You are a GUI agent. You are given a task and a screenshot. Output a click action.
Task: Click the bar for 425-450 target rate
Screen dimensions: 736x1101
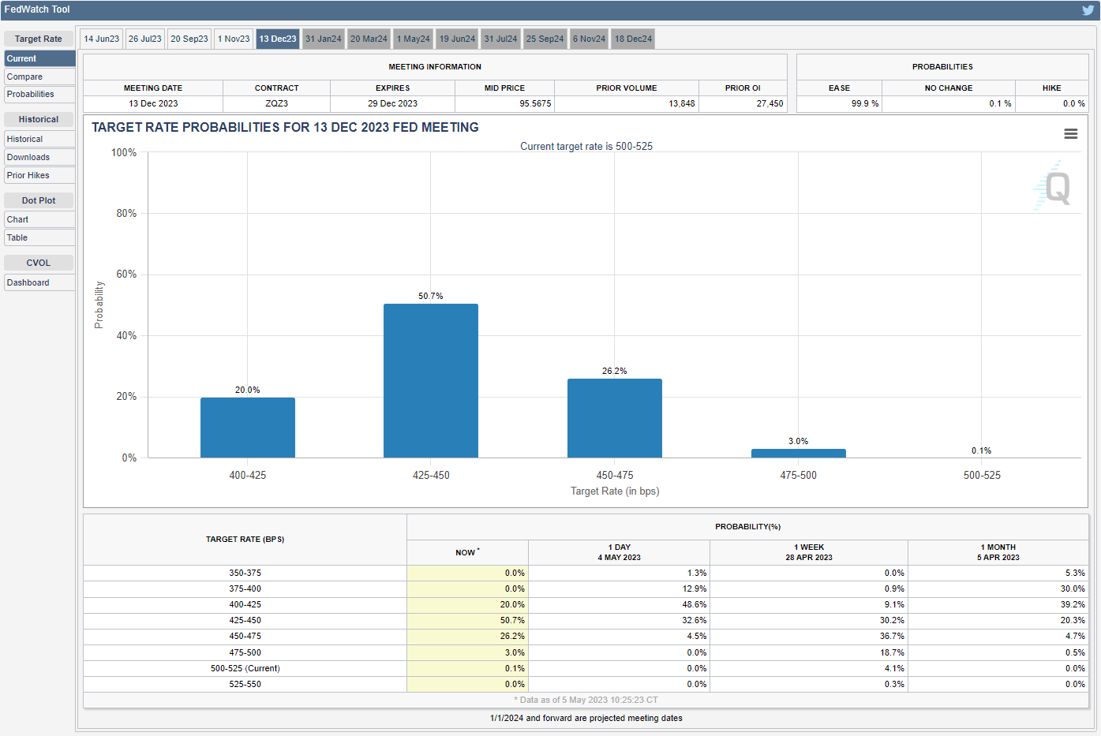tap(431, 380)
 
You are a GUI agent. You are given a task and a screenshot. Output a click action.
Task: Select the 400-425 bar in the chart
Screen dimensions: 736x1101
tap(247, 428)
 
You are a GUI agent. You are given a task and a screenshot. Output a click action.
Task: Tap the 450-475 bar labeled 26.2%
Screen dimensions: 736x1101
tap(614, 418)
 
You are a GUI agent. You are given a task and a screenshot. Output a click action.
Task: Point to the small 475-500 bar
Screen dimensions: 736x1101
tap(798, 454)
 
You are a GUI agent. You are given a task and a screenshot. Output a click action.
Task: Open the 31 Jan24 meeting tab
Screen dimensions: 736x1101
tap(324, 39)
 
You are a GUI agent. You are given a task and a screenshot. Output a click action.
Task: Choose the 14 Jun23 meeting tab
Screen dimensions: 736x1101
tap(102, 39)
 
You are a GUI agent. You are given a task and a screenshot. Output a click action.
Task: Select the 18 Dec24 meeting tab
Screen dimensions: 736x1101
tap(633, 39)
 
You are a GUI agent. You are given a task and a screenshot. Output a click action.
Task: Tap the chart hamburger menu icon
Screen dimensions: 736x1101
tap(1070, 134)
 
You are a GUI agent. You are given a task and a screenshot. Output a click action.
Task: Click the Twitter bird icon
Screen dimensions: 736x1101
tap(1088, 10)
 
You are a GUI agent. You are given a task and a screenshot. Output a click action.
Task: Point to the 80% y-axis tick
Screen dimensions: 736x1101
tap(126, 213)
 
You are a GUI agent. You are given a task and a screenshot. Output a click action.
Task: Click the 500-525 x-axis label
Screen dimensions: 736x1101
tap(982, 475)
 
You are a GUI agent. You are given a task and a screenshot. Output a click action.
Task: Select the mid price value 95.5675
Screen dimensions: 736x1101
tap(535, 103)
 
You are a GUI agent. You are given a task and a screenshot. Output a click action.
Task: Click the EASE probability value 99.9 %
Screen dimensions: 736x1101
tap(864, 103)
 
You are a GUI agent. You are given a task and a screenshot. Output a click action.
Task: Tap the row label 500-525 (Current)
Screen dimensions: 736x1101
tap(245, 668)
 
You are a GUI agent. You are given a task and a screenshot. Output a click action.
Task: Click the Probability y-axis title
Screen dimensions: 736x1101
tap(99, 304)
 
